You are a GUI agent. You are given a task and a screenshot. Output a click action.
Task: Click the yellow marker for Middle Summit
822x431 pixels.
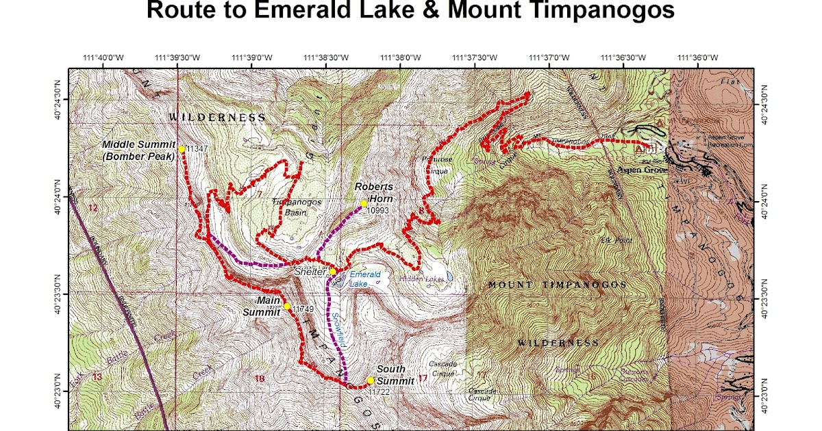pos(182,148)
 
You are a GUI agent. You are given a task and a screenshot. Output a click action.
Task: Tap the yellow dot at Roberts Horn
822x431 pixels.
pos(364,203)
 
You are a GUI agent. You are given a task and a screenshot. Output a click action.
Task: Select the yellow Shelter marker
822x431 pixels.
pos(333,271)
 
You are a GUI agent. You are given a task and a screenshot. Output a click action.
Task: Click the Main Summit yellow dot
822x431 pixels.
pos(287,306)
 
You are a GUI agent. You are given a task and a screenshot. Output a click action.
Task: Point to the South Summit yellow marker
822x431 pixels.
pos(370,380)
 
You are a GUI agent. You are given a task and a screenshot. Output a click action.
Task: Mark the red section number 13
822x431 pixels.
pos(97,376)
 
